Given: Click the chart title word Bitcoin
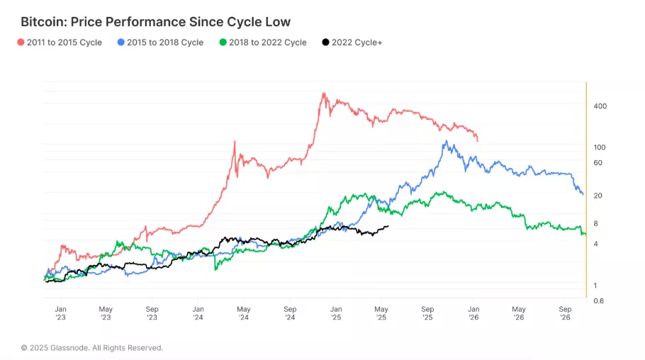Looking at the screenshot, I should point(43,23).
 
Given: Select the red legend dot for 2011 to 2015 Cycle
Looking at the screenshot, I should point(21,43).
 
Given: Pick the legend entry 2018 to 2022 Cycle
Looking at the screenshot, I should point(268,43).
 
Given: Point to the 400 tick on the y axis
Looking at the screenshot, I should point(600,106).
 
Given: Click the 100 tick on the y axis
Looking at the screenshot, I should point(600,147).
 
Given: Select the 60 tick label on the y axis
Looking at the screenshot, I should point(598,163).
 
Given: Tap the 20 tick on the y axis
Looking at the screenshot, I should point(598,196).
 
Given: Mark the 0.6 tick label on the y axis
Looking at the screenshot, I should point(598,300).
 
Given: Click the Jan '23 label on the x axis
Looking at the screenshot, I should point(61,313).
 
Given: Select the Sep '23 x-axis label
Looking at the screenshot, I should point(152,313).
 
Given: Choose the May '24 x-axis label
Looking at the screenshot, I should point(244,313).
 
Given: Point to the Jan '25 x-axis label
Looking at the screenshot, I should point(336,313).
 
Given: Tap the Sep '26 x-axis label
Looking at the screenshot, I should point(565,313).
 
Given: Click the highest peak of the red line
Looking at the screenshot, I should point(323,94).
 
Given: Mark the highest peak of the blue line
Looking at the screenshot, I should point(446,141).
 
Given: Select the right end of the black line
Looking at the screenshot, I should point(388,226).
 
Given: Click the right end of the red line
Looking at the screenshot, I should point(478,140).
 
